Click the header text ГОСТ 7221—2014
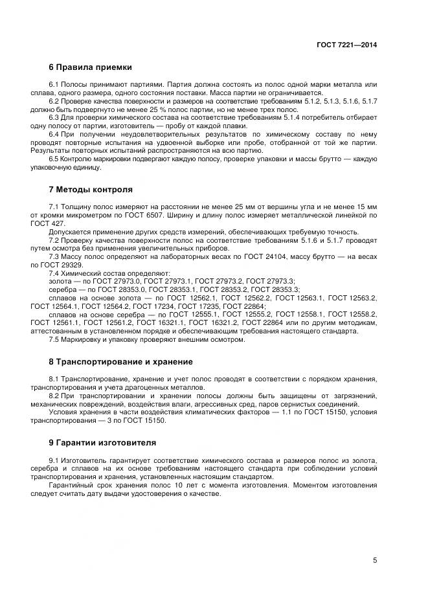point(346,45)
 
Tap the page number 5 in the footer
point(375,560)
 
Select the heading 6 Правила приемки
point(91,67)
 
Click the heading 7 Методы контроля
point(91,190)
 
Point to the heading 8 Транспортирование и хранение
point(120,361)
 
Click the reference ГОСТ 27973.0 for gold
point(120,281)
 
